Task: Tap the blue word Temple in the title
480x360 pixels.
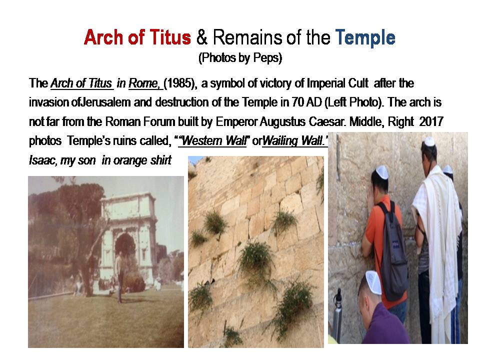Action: tap(365, 38)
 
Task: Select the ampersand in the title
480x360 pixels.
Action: tap(201, 37)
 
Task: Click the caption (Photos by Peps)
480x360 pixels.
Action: tap(240, 58)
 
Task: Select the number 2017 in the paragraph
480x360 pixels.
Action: tap(431, 122)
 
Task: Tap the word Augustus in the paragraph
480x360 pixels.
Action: tap(282, 122)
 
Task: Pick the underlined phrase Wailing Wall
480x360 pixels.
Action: tap(295, 141)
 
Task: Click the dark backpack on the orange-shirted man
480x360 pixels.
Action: tap(393, 251)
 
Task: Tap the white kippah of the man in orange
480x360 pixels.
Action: tap(382, 171)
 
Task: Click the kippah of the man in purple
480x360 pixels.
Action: tap(373, 281)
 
